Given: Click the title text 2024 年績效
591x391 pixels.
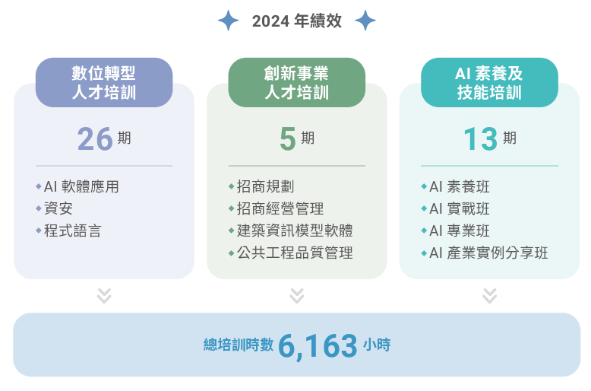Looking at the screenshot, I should click(296, 21).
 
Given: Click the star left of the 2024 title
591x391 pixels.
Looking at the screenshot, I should click(228, 21).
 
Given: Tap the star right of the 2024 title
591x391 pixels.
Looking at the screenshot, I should click(365, 21).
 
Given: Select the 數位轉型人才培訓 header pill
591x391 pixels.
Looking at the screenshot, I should click(104, 82).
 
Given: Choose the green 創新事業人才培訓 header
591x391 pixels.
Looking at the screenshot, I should click(297, 82).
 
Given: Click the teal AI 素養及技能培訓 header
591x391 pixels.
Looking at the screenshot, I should click(489, 82).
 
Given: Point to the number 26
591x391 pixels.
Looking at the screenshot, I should click(95, 138).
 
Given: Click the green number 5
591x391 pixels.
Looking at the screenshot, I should click(287, 138).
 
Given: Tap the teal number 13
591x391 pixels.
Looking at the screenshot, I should click(480, 138).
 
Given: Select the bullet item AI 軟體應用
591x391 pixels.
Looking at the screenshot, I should click(81, 186).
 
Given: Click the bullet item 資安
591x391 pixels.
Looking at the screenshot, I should click(58, 208).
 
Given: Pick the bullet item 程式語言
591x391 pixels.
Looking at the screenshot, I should click(72, 230).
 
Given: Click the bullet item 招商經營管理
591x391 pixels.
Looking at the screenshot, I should click(280, 208).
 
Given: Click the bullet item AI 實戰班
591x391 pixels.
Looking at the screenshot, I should click(460, 208).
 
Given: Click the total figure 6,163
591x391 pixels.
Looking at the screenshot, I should click(318, 345).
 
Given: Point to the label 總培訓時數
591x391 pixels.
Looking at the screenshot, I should click(238, 345).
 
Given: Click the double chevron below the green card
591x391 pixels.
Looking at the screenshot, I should click(297, 295).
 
